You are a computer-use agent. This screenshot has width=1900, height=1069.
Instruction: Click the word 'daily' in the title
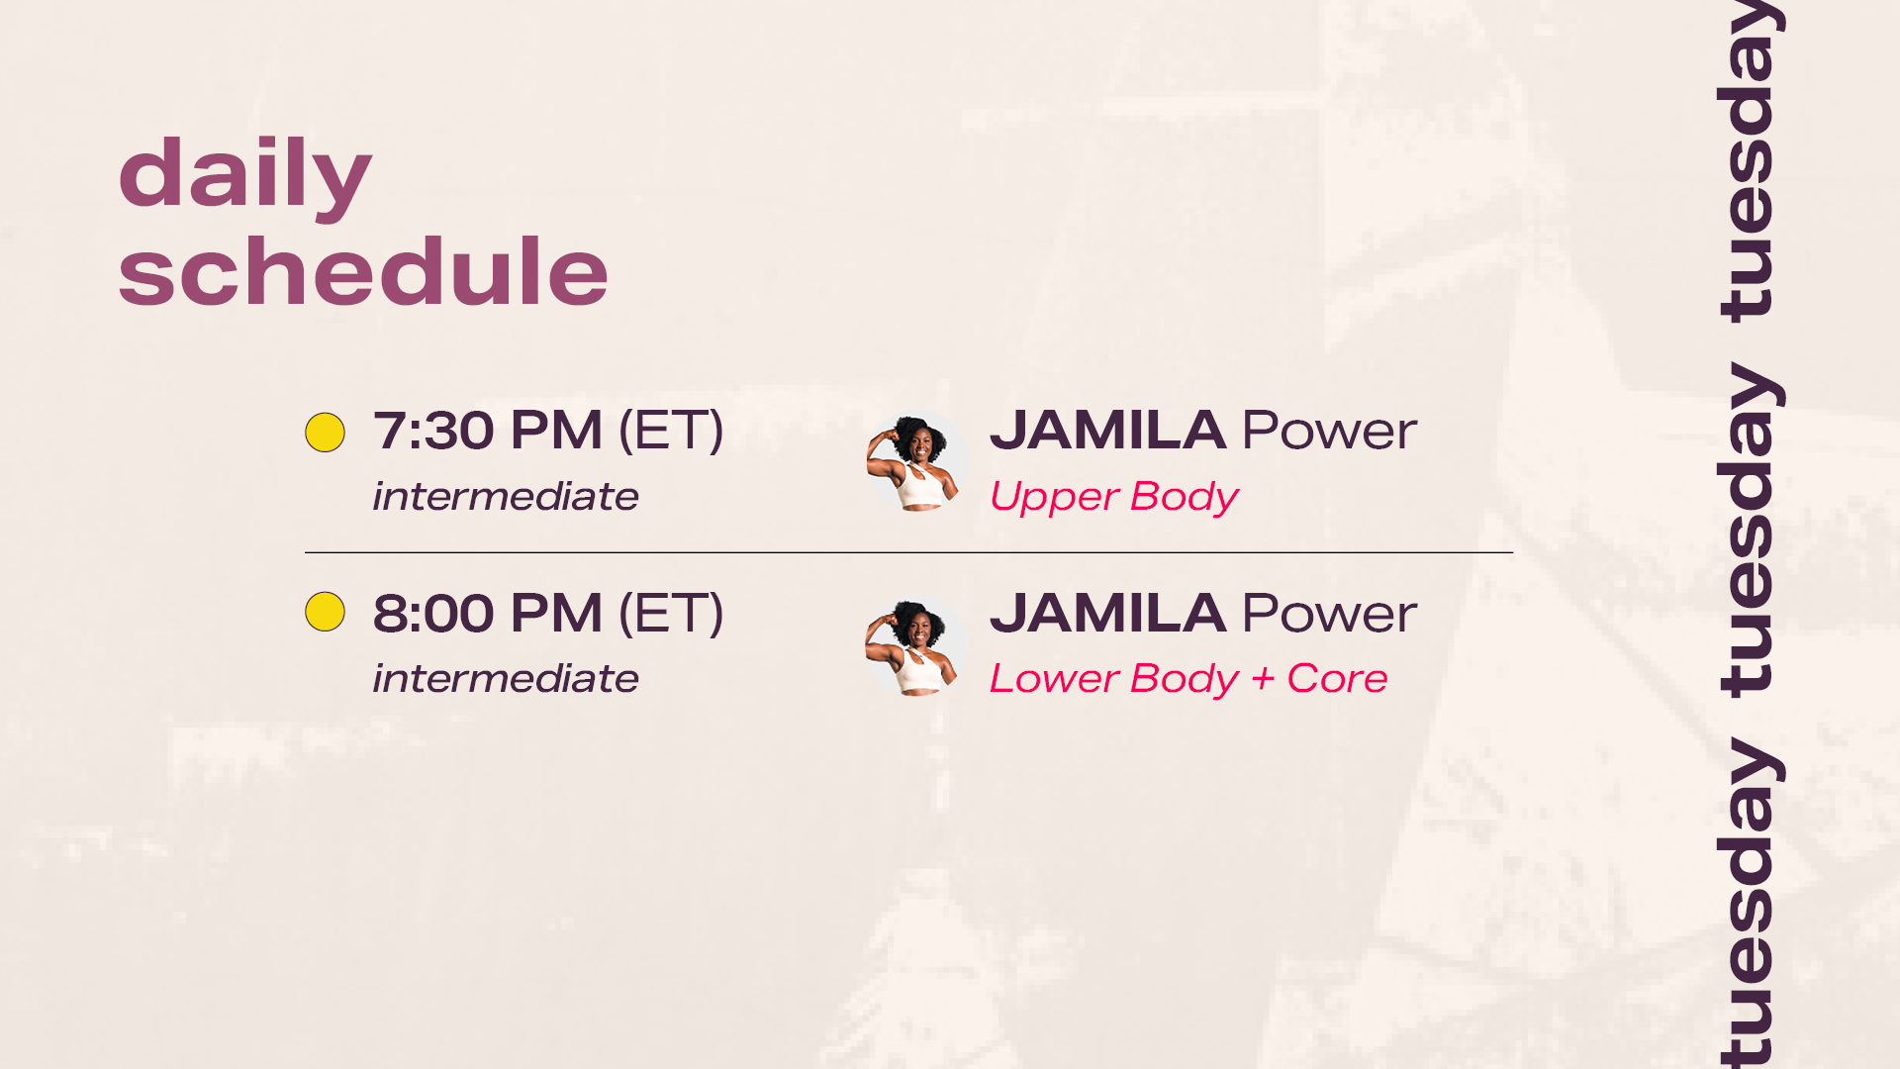point(244,174)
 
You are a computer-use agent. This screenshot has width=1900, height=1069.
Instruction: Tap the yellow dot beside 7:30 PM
point(325,433)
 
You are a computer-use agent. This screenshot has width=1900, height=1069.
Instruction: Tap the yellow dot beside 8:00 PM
point(325,612)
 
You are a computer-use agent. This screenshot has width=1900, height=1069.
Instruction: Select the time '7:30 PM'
point(487,431)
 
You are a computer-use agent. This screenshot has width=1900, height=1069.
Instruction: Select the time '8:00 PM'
point(487,613)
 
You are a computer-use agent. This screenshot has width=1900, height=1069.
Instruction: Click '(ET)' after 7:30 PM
point(671,431)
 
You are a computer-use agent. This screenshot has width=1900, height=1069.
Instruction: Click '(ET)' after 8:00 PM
point(671,613)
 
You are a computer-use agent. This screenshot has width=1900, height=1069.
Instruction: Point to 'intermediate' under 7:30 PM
point(506,496)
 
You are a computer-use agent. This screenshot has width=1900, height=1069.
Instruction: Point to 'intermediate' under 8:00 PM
point(506,678)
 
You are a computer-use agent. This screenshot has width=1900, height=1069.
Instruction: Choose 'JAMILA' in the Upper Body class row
point(1107,431)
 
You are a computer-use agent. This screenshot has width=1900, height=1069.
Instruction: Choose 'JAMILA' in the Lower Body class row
point(1107,613)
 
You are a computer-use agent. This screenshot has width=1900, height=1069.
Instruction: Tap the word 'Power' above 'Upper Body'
point(1329,431)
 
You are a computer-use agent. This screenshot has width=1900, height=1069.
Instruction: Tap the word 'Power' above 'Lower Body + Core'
point(1329,613)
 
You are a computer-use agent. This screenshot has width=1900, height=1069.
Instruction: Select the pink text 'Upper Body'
point(1113,497)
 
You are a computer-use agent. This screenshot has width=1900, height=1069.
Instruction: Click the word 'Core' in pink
point(1337,678)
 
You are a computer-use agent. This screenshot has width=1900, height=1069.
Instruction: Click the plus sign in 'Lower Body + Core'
point(1263,679)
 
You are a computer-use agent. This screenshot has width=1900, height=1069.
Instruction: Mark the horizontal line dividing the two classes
point(908,552)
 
